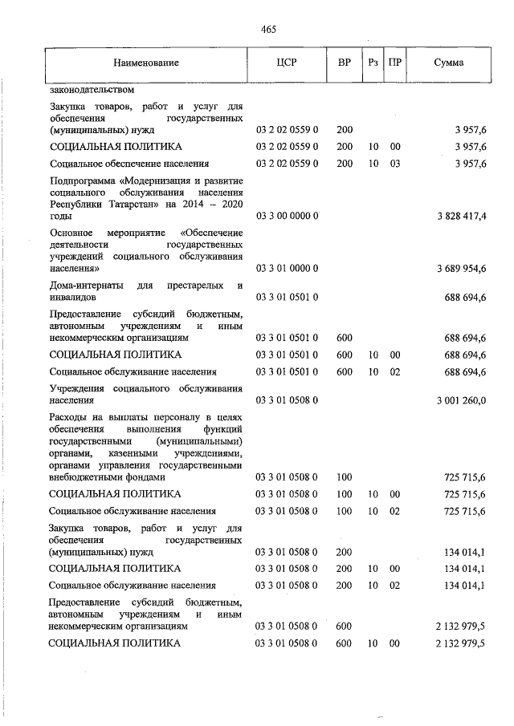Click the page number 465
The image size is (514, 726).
click(x=268, y=30)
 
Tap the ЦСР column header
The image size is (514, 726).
click(x=287, y=63)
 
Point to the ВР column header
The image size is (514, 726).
click(x=344, y=63)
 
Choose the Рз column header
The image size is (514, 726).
click(x=373, y=63)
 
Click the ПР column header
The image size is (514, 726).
click(x=394, y=63)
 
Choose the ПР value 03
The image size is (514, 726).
click(x=394, y=164)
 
